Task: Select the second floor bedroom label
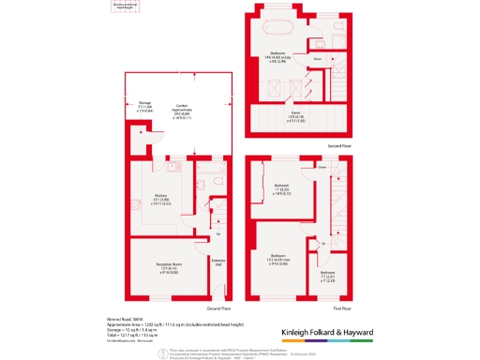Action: [277, 56]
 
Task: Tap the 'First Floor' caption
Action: [342, 307]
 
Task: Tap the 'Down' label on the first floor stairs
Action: [321, 168]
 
